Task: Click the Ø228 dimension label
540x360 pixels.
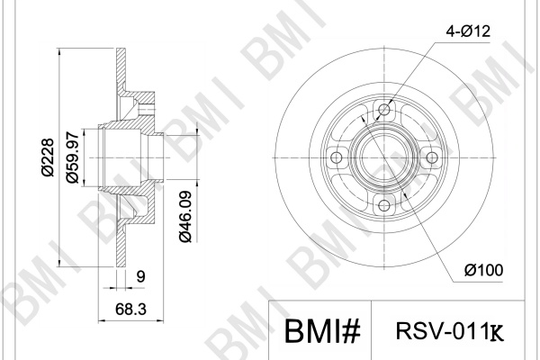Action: click(48, 157)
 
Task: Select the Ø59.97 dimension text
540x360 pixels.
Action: click(73, 157)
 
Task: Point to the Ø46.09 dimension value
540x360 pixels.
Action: click(185, 216)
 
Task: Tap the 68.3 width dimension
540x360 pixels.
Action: click(130, 309)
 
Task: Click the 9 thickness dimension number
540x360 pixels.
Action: click(141, 276)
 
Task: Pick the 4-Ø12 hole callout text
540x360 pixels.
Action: click(468, 31)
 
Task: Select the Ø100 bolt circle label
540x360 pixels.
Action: click(483, 270)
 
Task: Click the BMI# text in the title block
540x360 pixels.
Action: click(322, 330)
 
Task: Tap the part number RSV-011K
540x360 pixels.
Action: click(449, 330)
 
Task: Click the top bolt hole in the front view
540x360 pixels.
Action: click(384, 110)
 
